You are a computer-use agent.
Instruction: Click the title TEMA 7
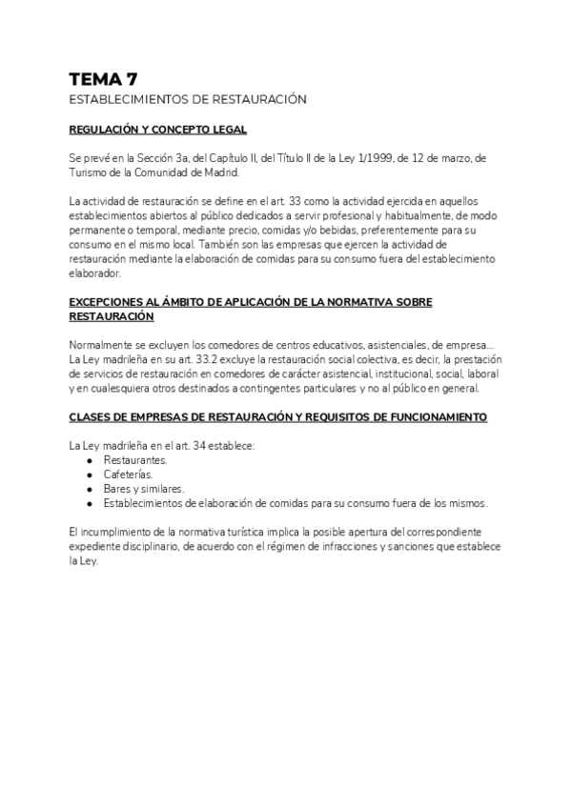[103, 79]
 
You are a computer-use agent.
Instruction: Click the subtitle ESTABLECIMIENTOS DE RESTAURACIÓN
[187, 100]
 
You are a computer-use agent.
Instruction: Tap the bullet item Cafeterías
[128, 474]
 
